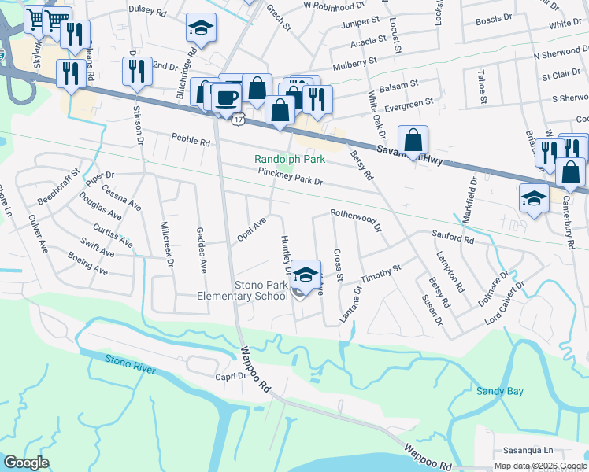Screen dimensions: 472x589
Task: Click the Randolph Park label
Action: pyautogui.click(x=288, y=159)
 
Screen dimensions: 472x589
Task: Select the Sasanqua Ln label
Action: pyautogui.click(x=534, y=451)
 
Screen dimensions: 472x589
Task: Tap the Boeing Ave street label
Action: pyautogui.click(x=89, y=269)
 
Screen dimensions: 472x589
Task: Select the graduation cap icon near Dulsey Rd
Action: pyautogui.click(x=201, y=29)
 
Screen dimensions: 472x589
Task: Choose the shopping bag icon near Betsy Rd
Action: pyautogui.click(x=413, y=142)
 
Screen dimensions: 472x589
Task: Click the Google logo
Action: pyautogui.click(x=27, y=463)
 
